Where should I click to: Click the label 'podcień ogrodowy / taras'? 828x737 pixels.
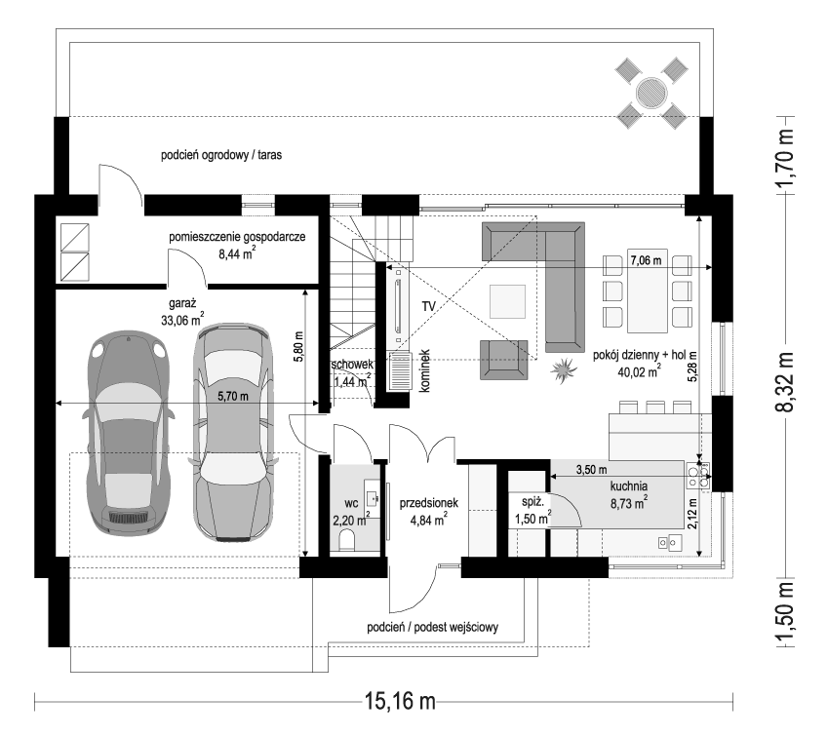click(x=221, y=155)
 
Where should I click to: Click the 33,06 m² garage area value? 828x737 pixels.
click(x=183, y=318)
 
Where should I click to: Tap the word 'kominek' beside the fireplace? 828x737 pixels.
click(x=424, y=371)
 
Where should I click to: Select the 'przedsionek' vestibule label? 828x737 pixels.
click(x=429, y=503)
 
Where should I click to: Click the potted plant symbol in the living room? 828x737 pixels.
click(x=563, y=369)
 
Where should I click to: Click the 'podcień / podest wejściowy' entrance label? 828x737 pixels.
click(x=433, y=628)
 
